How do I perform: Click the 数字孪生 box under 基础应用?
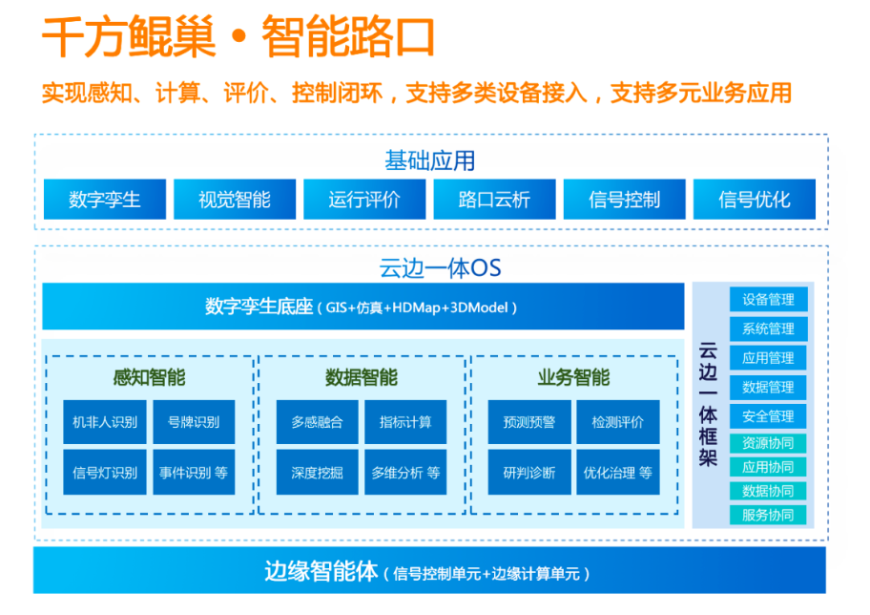point(105,200)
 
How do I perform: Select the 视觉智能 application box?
point(235,200)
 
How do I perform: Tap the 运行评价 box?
point(364,200)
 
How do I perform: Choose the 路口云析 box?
point(494,200)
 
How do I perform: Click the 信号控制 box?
point(624,200)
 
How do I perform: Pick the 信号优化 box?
point(755,200)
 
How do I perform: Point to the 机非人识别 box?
point(105,421)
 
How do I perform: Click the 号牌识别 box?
point(194,421)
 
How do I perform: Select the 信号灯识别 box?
point(105,472)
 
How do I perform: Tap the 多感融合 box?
point(318,421)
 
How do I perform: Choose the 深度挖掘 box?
point(318,472)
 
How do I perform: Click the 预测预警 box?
point(529,421)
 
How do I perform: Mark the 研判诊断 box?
point(529,472)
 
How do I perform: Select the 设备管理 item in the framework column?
point(768,299)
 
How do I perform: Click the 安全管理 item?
point(768,416)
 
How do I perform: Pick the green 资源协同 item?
point(768,443)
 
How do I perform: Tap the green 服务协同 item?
point(768,515)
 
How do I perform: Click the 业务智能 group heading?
point(573,377)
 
